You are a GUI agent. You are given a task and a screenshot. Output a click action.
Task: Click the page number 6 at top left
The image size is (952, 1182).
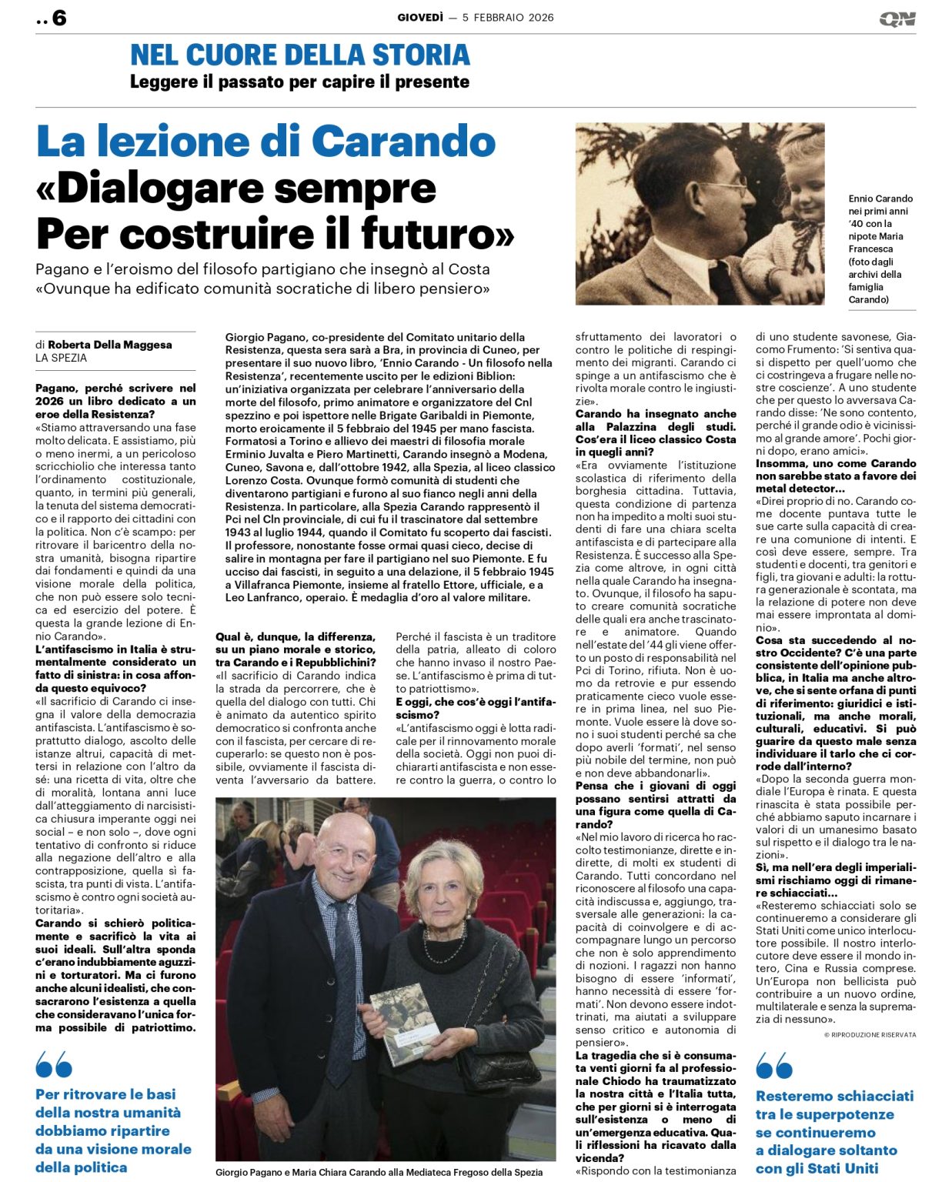[58, 18]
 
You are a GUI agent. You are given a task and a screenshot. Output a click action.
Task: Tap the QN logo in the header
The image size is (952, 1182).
[897, 19]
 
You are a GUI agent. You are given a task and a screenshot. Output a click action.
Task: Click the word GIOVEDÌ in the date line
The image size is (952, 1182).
[420, 18]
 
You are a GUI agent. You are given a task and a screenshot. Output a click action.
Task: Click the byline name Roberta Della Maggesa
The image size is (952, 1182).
[109, 345]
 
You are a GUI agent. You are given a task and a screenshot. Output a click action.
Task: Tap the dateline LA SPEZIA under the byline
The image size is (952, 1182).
[62, 358]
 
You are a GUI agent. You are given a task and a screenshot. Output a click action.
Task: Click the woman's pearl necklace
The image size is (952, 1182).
[445, 946]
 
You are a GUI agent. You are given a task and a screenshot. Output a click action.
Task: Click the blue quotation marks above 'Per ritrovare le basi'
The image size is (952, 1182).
[54, 1066]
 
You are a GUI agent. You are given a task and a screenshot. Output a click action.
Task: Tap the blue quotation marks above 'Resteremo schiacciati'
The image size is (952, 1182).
[774, 1066]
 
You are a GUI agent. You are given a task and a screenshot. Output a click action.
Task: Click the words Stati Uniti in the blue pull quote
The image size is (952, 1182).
[839, 1168]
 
